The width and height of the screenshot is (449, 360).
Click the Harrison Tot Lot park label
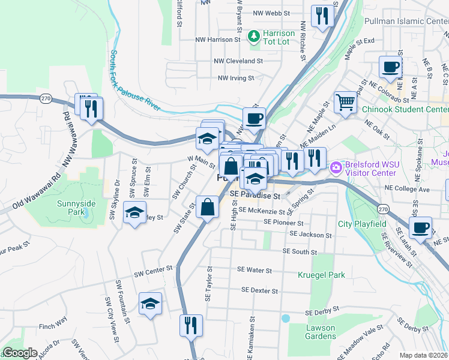point(279,37)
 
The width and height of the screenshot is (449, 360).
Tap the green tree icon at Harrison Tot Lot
point(254,37)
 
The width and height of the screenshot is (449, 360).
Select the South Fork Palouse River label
point(135,80)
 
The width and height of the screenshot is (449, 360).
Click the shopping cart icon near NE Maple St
point(345,103)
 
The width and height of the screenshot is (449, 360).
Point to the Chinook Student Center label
point(405,110)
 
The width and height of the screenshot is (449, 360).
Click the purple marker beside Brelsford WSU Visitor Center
point(336,166)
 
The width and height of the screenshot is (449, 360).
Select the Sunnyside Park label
point(76,208)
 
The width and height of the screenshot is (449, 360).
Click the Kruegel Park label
point(322,275)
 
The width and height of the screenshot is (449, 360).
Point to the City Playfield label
point(362,224)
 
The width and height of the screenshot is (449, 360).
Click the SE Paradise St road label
point(255,196)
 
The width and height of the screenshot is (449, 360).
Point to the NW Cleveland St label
point(239,61)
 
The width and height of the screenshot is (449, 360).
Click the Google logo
point(20,353)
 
